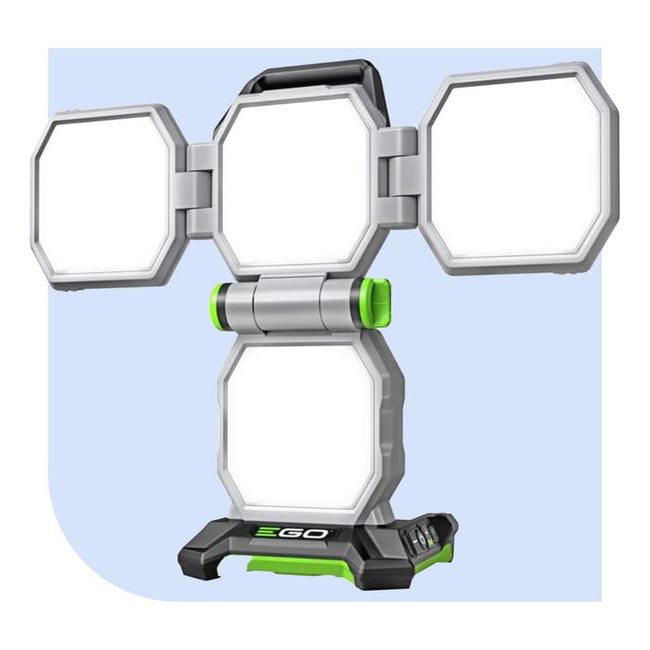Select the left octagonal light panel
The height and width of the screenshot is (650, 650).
point(103,196)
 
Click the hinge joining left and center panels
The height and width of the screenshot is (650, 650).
point(200,190)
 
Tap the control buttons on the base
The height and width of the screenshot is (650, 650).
point(422,536)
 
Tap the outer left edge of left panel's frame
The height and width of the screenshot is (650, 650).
point(34,200)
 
